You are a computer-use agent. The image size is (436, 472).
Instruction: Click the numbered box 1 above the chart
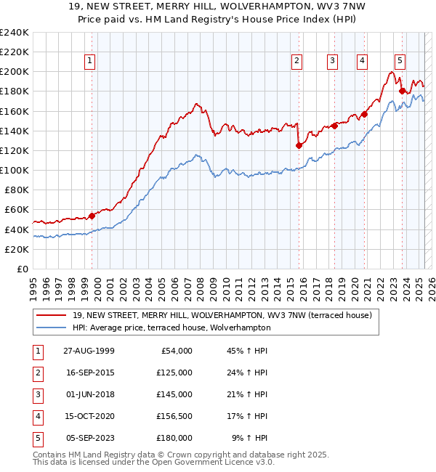89,62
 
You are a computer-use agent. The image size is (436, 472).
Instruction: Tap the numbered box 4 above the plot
361,62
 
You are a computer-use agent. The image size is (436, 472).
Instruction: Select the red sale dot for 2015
299,145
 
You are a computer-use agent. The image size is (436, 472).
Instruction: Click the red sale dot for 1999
92,215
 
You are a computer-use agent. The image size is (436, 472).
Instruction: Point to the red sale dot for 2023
402,91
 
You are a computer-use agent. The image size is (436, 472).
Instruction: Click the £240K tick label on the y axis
14,33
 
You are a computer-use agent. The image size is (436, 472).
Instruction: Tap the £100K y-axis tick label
14,170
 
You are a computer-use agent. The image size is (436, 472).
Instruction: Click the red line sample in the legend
52,315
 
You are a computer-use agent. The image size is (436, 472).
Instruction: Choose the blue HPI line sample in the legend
52,327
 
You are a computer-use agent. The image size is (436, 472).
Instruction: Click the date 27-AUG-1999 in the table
89,351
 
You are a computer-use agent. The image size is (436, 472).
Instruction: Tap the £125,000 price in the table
174,373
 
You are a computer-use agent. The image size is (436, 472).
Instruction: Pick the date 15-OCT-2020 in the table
89,416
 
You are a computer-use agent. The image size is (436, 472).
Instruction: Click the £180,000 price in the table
174,438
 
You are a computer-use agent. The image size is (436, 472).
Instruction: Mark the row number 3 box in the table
36,394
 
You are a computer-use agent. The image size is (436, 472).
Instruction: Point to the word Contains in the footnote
50,455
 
